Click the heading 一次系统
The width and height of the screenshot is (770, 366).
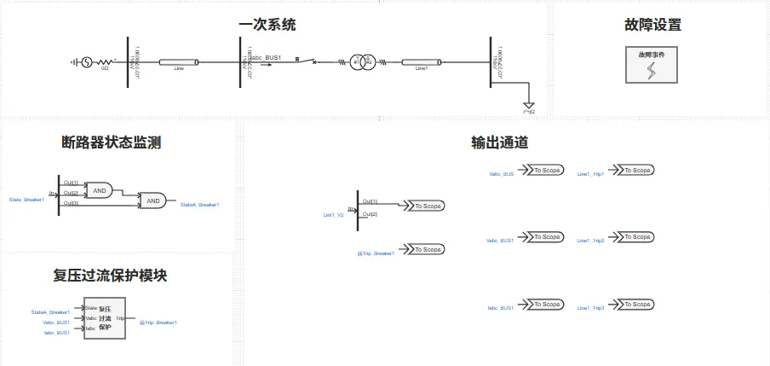267,26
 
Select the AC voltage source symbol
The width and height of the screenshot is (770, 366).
86,62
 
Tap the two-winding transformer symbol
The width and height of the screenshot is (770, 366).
365,62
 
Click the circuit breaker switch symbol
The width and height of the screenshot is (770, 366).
313,61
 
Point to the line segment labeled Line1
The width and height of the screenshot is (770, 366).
421,62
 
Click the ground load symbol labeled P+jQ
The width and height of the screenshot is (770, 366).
529,104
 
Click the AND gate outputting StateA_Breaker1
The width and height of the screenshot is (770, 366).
153,201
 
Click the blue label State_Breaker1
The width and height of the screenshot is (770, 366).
26,200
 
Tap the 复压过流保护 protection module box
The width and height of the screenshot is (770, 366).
104,318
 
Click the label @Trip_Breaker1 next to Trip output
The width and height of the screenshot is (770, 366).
158,322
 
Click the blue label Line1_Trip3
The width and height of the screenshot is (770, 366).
590,308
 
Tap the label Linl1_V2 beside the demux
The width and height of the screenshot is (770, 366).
333,215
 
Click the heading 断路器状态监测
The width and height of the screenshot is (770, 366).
112,142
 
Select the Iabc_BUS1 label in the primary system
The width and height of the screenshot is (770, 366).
265,57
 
